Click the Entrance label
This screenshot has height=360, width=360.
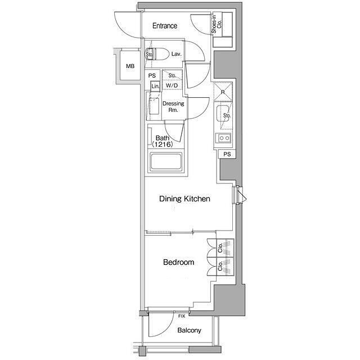point(165,26)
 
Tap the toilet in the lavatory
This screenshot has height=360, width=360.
point(156,54)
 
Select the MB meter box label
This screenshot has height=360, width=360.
point(130,66)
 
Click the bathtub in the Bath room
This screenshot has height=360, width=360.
point(165,161)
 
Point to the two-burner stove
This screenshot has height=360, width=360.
point(224,138)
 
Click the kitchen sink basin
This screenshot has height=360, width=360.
point(223,113)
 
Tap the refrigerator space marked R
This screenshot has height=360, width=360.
point(223,92)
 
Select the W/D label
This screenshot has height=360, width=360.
point(172,85)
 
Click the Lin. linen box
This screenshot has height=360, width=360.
point(155,86)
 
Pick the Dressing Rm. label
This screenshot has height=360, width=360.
point(173,106)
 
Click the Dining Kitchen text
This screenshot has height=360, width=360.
point(184,199)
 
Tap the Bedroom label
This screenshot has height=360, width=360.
point(179,262)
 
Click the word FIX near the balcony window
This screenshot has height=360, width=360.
point(181,316)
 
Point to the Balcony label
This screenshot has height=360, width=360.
point(189,330)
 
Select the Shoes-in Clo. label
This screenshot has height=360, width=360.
point(217,24)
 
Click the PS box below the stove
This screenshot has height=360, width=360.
point(227,154)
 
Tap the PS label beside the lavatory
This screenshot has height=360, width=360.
point(152,75)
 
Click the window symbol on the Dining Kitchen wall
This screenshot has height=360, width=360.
point(239,195)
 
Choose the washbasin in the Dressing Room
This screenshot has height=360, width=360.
point(154,106)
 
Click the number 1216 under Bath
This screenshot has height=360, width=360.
point(163,145)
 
